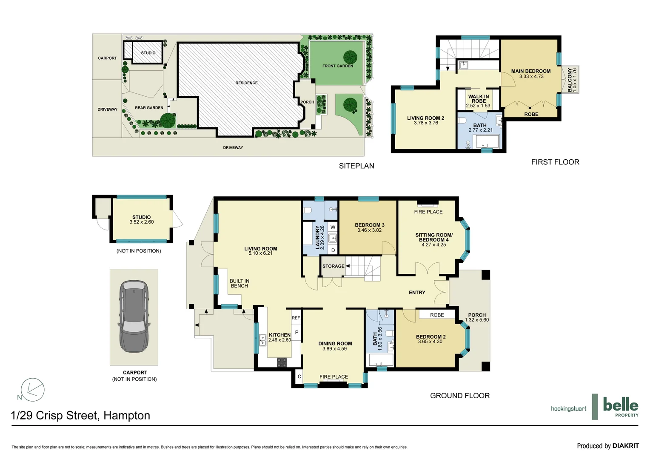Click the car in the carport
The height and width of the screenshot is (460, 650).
134,316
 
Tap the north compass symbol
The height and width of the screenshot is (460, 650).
32,389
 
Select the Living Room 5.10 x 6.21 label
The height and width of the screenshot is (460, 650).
260,251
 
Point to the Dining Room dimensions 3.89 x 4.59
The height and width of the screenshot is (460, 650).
334,349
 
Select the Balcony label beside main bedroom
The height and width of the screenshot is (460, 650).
572,80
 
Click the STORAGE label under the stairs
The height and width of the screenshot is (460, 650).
333,266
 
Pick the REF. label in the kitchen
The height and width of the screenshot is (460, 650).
296,318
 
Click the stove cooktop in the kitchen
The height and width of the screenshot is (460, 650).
282,362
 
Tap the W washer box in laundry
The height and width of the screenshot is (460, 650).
333,227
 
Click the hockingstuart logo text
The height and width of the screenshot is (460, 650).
568,409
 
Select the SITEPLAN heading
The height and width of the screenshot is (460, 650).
356,166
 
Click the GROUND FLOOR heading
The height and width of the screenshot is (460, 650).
460,396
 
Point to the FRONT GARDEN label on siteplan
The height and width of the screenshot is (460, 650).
337,66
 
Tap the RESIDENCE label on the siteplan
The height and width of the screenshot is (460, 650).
246,83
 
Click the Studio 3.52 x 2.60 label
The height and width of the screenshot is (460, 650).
142,219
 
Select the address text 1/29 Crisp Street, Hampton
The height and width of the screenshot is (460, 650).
80,415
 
